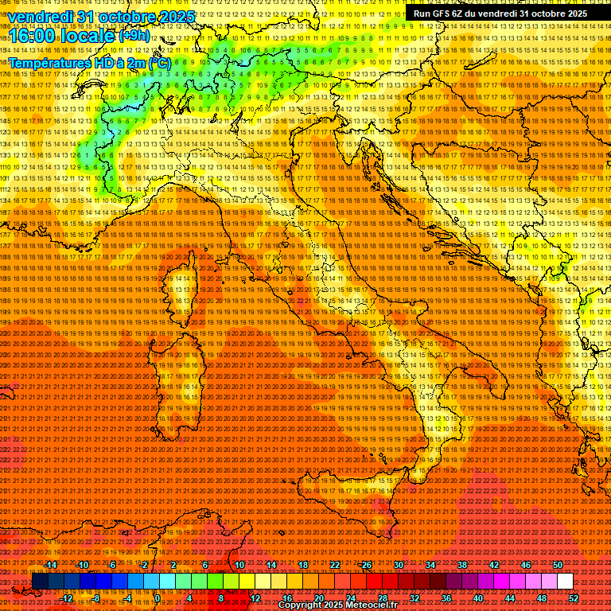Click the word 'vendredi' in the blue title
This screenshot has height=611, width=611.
[x=40, y=17]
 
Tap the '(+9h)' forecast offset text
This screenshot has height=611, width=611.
[x=134, y=36]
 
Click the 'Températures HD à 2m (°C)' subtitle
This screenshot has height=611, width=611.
[x=89, y=62]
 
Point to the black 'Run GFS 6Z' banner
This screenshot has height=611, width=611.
[x=500, y=14]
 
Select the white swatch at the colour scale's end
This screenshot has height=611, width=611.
[x=565, y=582]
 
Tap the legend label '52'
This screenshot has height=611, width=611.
[x=574, y=598]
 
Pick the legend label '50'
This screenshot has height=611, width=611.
[x=558, y=564]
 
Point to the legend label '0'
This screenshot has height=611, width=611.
[x=158, y=598]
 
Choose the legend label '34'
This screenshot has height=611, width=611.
[x=430, y=564]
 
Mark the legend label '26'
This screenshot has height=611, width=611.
[x=367, y=564]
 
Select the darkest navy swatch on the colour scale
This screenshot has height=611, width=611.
[x=39, y=582]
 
